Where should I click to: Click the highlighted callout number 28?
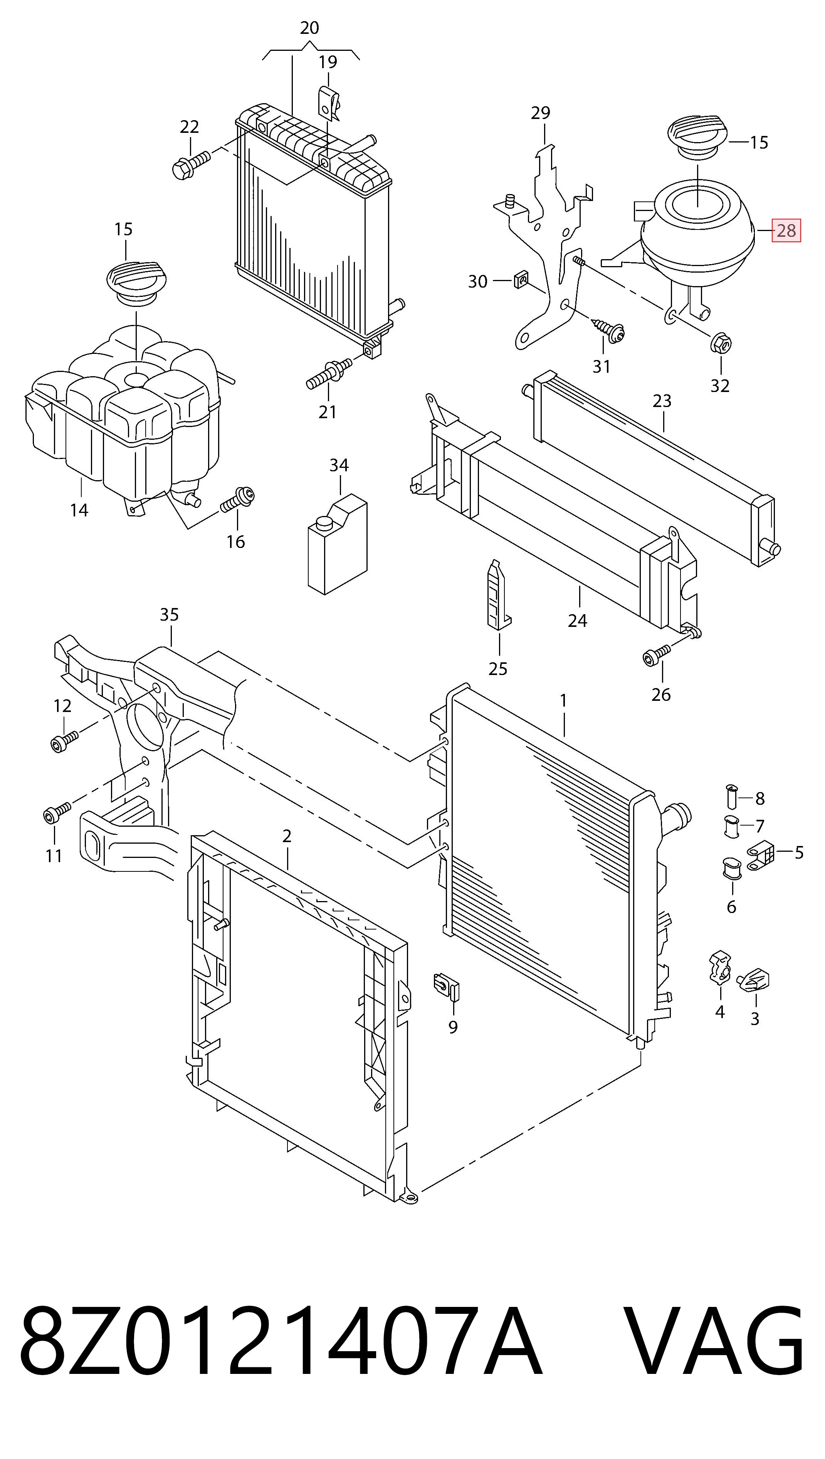pos(786,231)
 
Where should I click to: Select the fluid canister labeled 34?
pos(338,544)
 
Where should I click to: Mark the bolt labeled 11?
pos(57,812)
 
